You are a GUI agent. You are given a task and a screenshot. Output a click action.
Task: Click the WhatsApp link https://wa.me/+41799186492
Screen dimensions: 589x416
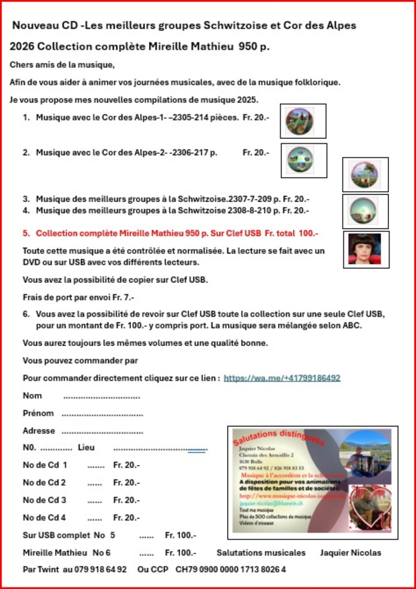pos(282,378)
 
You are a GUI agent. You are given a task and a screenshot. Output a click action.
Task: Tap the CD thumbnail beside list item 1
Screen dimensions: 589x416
pos(302,121)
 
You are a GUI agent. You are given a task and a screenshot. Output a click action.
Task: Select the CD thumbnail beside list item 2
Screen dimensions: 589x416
pos(303,161)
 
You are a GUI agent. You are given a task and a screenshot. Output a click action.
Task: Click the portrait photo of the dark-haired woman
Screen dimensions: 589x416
pos(366,250)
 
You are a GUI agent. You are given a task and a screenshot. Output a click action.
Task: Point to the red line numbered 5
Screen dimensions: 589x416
pos(171,233)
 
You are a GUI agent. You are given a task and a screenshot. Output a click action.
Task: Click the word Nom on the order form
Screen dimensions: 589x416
pos(32,396)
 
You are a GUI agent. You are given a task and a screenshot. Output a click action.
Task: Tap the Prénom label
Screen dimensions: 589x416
pos(38,413)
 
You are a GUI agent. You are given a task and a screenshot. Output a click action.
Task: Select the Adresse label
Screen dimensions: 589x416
pos(39,431)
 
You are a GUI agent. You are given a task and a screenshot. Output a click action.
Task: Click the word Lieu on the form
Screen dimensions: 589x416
pos(86,448)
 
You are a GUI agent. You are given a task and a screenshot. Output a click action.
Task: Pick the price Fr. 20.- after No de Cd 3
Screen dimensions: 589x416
pos(126,500)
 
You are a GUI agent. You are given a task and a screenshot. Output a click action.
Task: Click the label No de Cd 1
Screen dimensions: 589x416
pos(45,465)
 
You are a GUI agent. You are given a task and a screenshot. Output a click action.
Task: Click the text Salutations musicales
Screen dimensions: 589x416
pos(261,553)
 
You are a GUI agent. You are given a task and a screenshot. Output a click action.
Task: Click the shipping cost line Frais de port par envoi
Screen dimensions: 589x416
pos(78,297)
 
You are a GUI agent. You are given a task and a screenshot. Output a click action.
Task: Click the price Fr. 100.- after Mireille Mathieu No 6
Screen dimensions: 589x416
pos(181,553)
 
